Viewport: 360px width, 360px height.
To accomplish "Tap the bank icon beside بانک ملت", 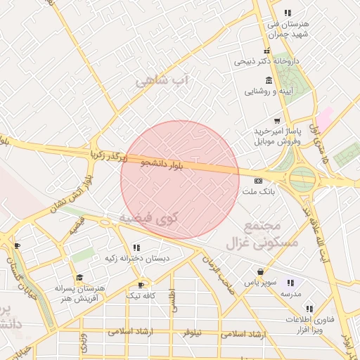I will tap(258, 181).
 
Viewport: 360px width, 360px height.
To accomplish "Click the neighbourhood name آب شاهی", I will tap(162, 81).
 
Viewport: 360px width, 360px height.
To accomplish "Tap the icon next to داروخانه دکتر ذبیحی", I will tap(266, 51).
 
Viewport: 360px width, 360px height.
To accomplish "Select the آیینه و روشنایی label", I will tap(268, 91).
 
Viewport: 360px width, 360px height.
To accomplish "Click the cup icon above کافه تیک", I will tap(141, 285).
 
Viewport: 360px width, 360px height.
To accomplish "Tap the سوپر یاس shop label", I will tap(257, 282).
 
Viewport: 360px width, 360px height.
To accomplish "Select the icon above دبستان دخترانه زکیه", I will tap(136, 247).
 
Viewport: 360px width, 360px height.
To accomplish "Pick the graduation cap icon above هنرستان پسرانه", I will tap(79, 278).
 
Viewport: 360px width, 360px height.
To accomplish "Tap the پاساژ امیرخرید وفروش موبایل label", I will tap(278, 136).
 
